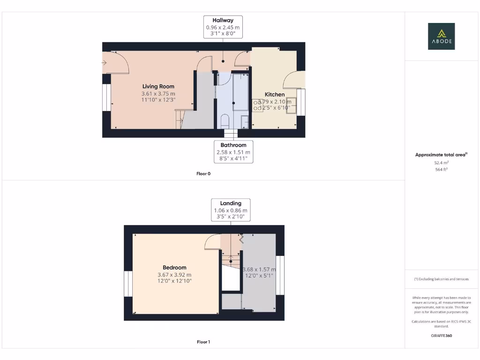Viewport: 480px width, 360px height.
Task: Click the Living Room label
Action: pos(158,86)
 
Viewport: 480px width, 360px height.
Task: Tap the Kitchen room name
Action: pos(275,94)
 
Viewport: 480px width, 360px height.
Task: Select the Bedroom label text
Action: pos(174,268)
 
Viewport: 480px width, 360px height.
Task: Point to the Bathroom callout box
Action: pos(233,152)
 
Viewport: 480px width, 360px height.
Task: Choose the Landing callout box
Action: pos(231,210)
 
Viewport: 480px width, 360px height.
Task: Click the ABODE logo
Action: pos(441,37)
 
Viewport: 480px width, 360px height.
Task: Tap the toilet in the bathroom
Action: pos(224,121)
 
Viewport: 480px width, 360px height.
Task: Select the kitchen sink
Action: pos(291,105)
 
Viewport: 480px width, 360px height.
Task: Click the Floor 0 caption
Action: pos(203,173)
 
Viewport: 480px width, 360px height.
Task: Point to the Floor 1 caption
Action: pos(203,342)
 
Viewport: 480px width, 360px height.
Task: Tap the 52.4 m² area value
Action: pos(441,162)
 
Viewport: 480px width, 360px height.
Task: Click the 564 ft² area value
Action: pos(441,169)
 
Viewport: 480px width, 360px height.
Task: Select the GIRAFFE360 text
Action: pos(441,336)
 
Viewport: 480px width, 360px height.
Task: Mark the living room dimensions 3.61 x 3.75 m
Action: pos(158,94)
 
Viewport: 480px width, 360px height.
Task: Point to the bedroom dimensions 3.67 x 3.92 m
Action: pos(174,275)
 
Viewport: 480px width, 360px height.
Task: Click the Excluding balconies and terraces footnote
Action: pos(441,279)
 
